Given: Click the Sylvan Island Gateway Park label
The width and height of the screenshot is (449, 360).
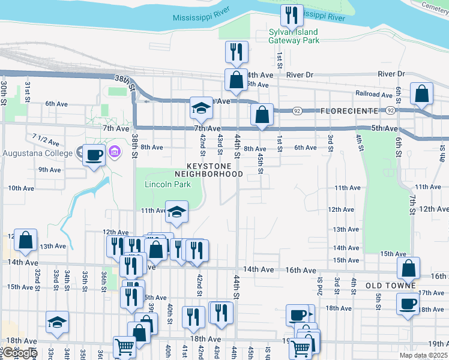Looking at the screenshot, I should pos(294,36).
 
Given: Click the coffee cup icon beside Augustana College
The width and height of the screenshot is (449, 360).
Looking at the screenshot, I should pos(94,155).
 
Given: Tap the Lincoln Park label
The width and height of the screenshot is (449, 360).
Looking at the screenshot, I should pos(167,184).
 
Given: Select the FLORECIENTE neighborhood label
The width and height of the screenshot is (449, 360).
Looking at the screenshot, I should pos(349,111).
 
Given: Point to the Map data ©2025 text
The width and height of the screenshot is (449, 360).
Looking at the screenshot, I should pos(422,355).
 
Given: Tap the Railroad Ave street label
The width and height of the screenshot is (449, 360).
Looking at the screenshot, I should pos(374,94).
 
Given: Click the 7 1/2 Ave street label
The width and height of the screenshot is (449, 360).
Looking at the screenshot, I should pos(46,140).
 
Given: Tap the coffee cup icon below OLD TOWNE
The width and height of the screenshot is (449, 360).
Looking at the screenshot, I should pos(408,303).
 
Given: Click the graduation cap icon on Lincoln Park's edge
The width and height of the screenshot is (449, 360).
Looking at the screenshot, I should pos(176,211).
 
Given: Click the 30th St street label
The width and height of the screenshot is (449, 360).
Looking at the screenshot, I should pos(3,94).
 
